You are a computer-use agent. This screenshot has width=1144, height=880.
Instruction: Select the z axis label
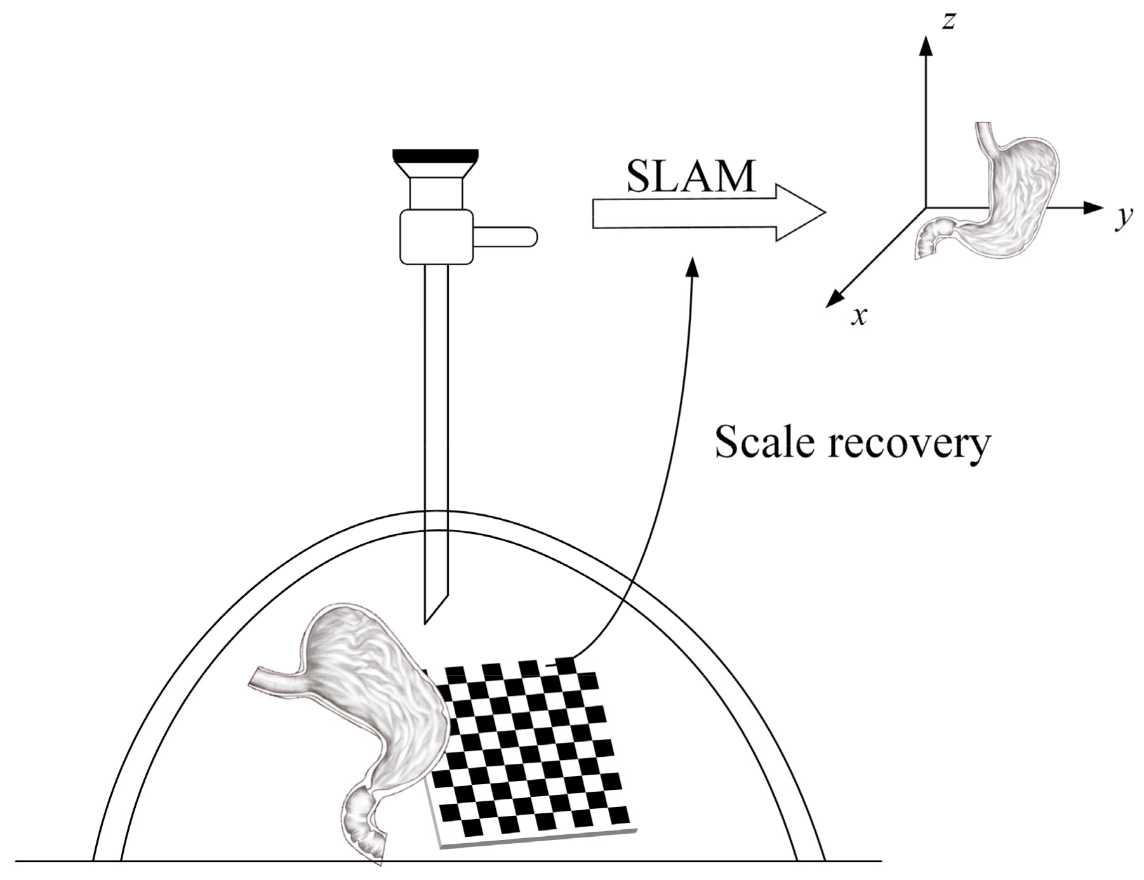coord(948,21)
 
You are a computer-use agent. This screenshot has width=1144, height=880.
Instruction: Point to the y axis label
coord(1124,218)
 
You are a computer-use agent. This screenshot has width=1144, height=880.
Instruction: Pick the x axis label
coord(858,315)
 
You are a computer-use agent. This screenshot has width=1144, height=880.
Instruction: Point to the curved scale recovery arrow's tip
coord(694,263)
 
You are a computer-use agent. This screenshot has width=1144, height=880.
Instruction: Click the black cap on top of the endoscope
coord(436,154)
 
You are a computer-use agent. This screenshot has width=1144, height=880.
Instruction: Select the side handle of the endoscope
coord(505,236)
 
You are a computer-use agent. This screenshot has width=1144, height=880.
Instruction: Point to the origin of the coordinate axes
coord(927,208)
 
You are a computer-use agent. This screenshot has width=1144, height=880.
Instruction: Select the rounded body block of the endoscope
coord(437,237)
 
